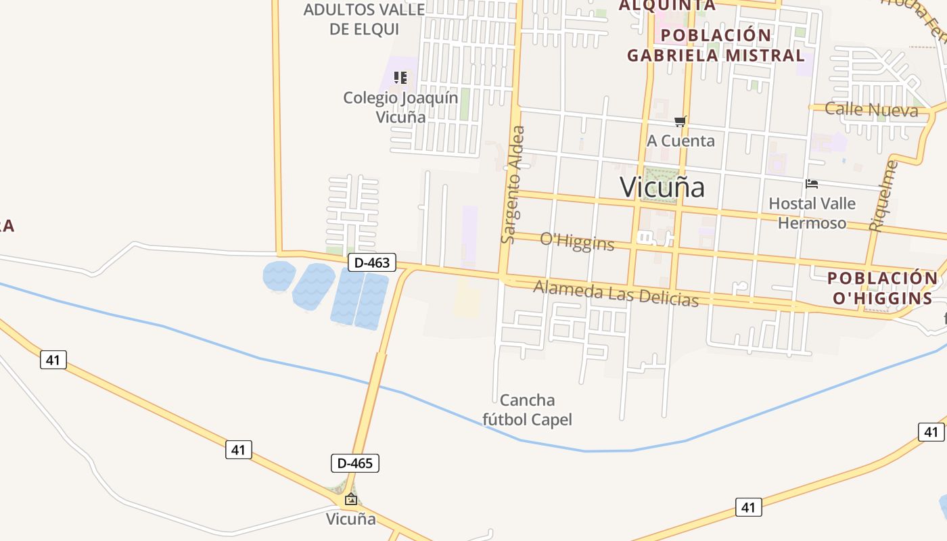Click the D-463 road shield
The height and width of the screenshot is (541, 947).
point(372,262)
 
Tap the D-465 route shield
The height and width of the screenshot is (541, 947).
point(354,463)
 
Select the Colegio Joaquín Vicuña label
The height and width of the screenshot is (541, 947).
point(400,107)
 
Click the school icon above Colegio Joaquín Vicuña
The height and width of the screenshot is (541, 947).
point(400,78)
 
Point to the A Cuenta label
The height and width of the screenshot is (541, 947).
point(680,141)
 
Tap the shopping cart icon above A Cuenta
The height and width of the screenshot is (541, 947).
point(680,122)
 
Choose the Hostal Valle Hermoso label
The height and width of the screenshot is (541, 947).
point(812,213)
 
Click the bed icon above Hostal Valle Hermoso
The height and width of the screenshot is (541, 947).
point(812,183)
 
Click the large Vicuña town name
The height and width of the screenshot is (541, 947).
point(662,187)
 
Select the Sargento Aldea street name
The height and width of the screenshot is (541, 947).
point(513,184)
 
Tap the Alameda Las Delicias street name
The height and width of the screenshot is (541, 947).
point(616,293)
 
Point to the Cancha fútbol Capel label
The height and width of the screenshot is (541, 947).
point(527,410)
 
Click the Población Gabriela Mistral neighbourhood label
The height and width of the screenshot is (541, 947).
point(716,45)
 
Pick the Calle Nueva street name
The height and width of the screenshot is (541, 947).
point(871,110)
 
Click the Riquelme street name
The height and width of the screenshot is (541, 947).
point(885,196)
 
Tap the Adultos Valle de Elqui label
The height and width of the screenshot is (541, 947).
point(364,19)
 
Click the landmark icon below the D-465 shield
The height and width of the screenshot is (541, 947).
point(351,500)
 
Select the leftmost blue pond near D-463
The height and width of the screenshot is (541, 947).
point(279,276)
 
